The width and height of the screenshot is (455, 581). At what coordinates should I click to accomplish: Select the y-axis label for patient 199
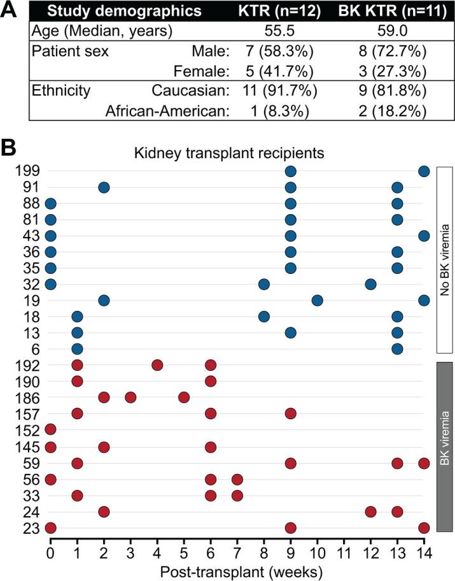point(28,171)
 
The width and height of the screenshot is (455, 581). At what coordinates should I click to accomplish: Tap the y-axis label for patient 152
point(28,430)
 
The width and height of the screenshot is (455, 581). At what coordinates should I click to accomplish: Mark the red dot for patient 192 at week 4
point(157,365)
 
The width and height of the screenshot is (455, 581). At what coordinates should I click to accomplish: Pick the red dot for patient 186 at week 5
point(184,398)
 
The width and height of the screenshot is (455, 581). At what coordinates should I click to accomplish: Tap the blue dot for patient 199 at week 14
point(424,171)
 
